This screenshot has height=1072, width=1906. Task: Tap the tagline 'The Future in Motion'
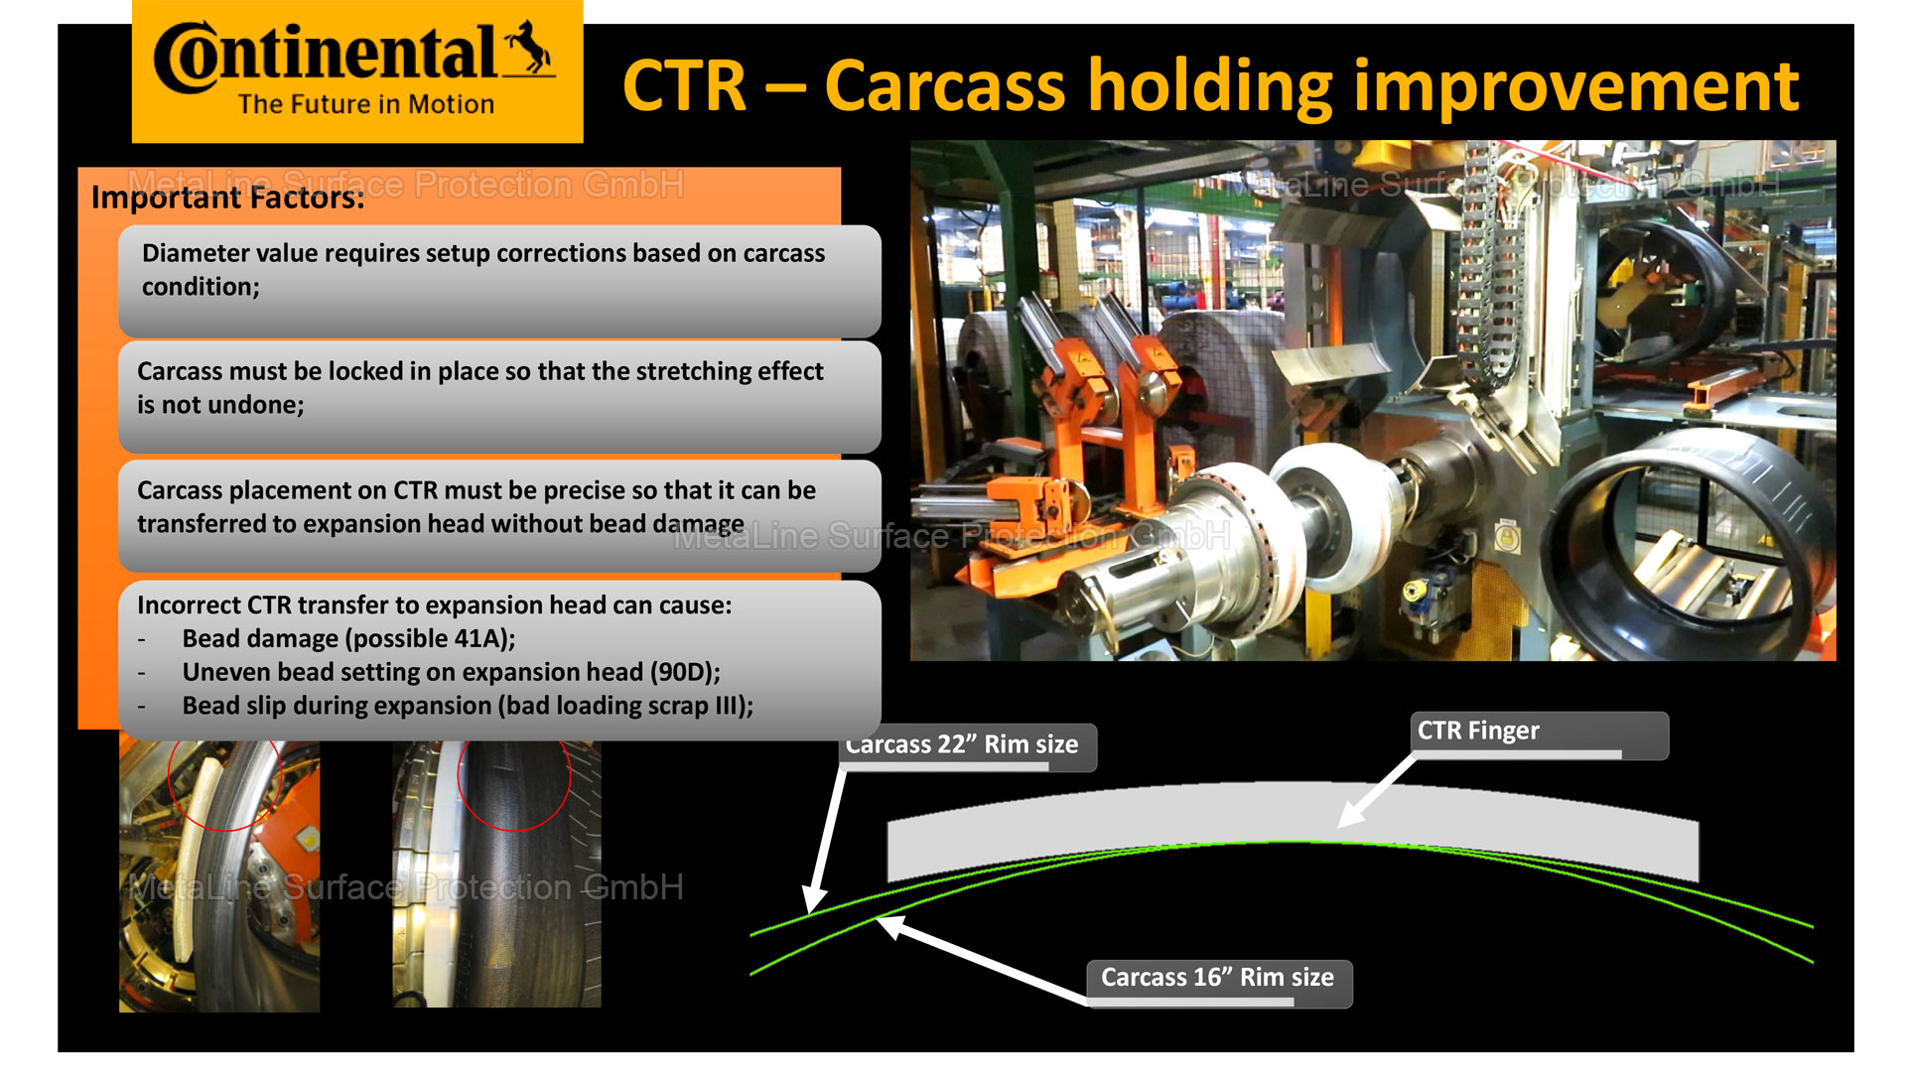[365, 104]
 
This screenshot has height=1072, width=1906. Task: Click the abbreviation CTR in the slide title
[684, 86]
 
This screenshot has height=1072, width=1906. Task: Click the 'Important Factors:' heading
[227, 198]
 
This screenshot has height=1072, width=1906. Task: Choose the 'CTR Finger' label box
[1540, 736]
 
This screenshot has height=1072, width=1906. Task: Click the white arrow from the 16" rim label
[983, 959]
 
